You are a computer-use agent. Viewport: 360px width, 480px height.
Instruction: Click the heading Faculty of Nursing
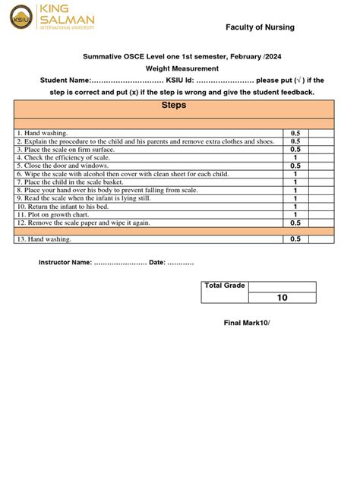coord(260,27)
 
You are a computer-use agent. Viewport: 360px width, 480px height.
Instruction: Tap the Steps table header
coord(174,106)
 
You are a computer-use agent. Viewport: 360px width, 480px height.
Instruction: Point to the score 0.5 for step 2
coord(295,141)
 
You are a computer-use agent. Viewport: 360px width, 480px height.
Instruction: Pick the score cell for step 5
coord(295,166)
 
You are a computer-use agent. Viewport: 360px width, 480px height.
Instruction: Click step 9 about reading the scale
coord(84,198)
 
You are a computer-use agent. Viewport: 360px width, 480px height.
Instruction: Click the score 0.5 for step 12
coord(295,223)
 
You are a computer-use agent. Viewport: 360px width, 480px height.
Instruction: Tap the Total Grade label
coord(224,286)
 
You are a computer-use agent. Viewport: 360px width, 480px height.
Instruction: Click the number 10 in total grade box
coord(282,298)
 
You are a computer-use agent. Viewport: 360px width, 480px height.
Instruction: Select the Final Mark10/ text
coord(246,323)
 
